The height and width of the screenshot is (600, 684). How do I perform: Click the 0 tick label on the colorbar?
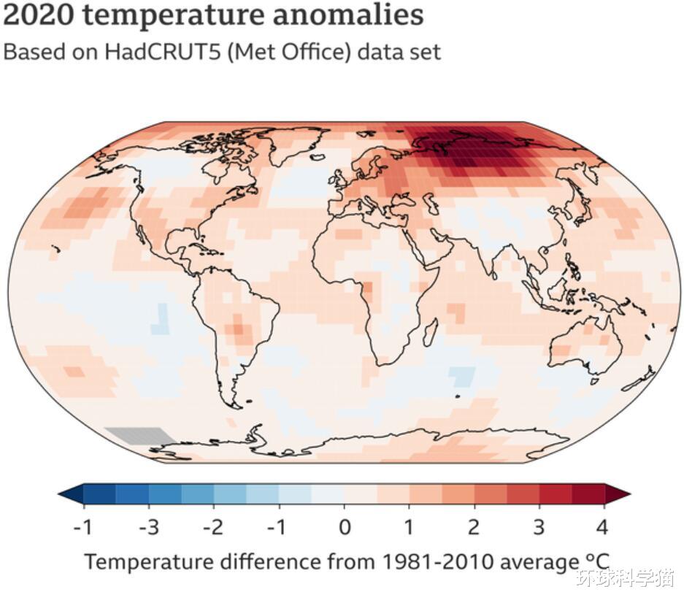(x=345, y=526)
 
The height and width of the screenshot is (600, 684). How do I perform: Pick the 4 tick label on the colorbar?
(x=603, y=526)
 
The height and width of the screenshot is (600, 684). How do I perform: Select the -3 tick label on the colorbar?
(x=148, y=526)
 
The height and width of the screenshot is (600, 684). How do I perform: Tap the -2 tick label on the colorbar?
(x=213, y=526)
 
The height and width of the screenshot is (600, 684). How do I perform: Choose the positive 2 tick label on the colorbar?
(x=474, y=526)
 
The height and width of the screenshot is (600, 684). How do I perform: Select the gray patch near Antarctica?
(x=137, y=435)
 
